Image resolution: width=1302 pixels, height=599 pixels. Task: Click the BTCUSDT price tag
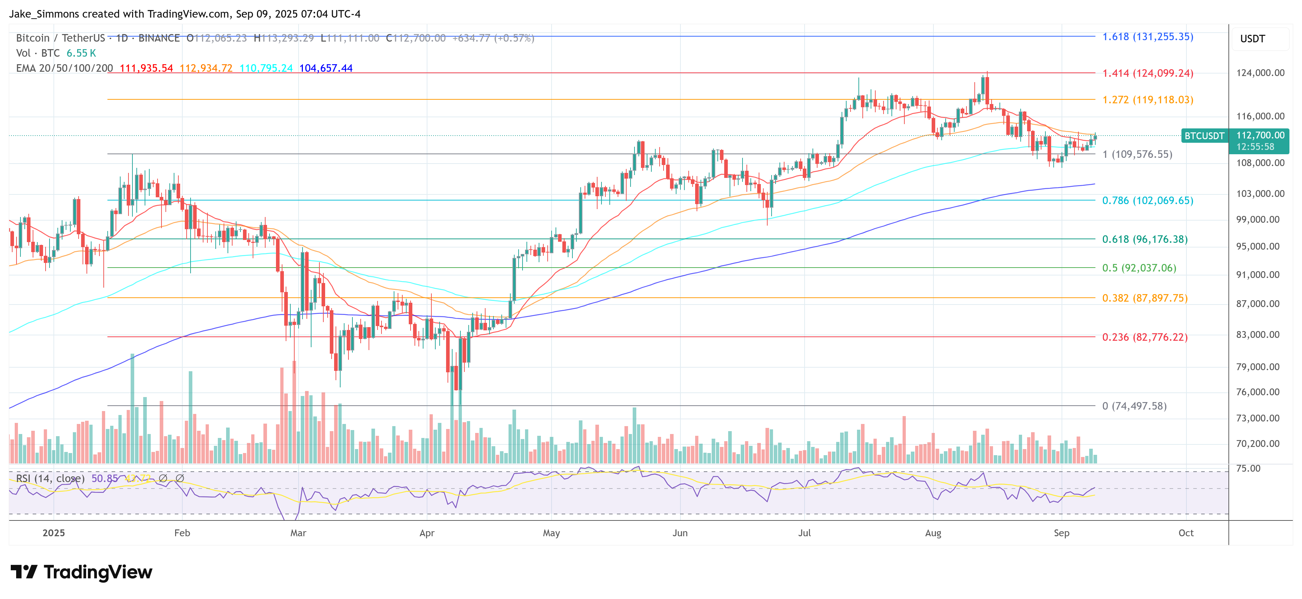point(1204,136)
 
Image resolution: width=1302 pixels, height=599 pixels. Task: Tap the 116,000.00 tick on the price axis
point(1260,116)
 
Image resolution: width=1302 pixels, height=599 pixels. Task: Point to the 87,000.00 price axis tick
point(1260,303)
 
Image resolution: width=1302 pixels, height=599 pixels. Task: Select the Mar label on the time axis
point(298,533)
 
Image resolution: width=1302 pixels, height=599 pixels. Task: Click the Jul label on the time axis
point(804,533)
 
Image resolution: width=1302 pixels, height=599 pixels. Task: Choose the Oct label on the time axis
point(1186,533)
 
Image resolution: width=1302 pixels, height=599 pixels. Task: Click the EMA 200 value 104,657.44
point(325,68)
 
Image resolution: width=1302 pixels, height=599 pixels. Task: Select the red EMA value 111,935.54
point(146,68)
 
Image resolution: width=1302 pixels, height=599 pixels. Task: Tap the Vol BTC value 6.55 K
point(81,53)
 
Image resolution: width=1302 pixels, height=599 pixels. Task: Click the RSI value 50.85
point(105,478)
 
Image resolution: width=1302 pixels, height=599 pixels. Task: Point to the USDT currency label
point(1252,39)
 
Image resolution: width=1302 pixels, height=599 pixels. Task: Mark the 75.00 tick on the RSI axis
point(1249,468)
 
